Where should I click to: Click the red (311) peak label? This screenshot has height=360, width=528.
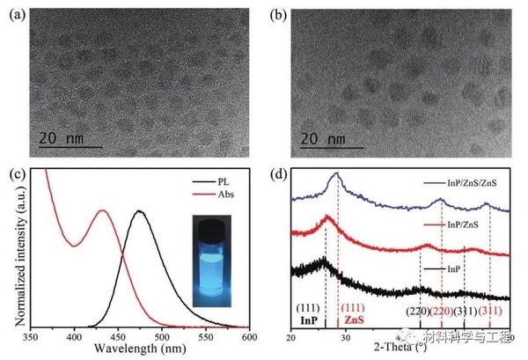tap(490, 311)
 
